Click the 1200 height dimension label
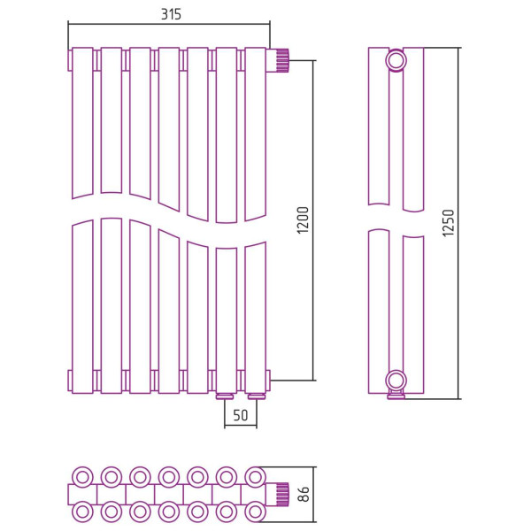point(303,220)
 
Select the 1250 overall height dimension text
point(448,224)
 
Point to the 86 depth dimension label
point(304,492)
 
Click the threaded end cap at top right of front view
point(282,60)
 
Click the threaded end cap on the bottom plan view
point(281,492)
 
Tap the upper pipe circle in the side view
point(396,61)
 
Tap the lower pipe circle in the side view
point(396,381)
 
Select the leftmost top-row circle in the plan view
point(82,474)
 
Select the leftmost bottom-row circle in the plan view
point(82,511)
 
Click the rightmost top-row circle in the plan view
point(255,474)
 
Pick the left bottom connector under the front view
point(226,395)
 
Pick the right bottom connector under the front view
point(257,395)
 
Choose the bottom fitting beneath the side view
point(396,396)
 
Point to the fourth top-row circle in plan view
point(169,474)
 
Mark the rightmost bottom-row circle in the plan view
point(255,511)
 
